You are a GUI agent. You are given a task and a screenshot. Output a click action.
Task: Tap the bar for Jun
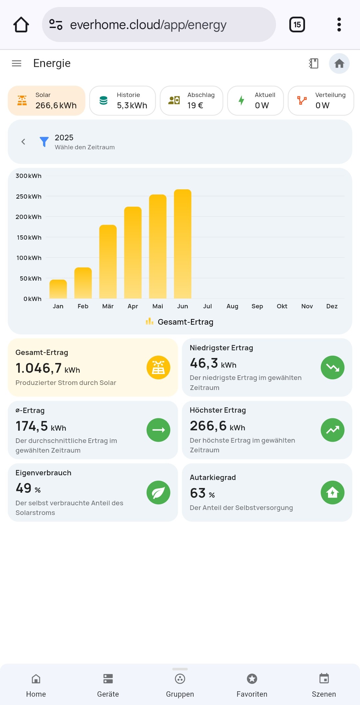point(183,244)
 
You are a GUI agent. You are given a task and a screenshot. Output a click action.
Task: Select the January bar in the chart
point(58,289)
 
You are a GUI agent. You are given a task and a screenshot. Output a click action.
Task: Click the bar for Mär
point(108,262)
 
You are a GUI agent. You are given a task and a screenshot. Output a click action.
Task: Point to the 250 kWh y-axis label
point(29,196)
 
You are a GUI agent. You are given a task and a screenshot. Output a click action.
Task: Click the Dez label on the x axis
point(332,306)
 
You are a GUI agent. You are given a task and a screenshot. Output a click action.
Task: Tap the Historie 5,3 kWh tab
point(123,101)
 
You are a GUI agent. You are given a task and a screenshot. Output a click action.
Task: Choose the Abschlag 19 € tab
point(191,101)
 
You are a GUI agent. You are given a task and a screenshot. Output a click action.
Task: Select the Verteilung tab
point(321,101)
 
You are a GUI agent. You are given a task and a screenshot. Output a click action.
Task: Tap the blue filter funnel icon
point(44,142)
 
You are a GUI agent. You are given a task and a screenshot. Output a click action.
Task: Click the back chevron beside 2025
point(23,142)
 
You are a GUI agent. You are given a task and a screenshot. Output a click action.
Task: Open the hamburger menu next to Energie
point(17,63)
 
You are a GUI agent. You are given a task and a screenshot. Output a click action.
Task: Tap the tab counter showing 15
point(297,25)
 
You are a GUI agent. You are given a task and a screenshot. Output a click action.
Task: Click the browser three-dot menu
point(339,25)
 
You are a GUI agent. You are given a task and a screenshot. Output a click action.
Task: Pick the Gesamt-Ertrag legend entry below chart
point(180,322)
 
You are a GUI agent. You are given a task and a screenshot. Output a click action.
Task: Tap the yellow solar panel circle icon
point(158,367)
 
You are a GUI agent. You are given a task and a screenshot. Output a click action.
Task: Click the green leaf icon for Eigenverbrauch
point(158,492)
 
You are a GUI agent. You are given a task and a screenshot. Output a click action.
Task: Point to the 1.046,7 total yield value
point(39,368)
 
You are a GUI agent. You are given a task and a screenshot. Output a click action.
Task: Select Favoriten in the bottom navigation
point(252,685)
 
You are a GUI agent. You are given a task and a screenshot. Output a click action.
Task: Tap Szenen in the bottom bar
point(324,685)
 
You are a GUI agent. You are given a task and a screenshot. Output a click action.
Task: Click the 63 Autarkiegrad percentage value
point(198,493)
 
